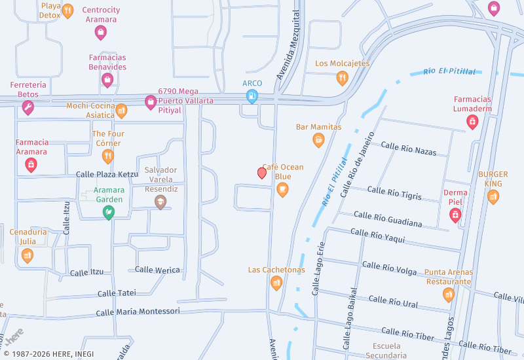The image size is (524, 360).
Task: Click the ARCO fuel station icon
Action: coord(252,97)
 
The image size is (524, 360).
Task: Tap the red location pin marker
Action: coord(262,173)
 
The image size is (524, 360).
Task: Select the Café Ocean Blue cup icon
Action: coord(282,190)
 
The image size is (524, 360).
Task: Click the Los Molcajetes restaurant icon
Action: coord(342,79)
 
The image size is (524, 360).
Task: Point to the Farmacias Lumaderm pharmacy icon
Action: coord(472,122)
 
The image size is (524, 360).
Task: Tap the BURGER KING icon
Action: coord(493,197)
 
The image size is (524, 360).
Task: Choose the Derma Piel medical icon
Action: coord(455,215)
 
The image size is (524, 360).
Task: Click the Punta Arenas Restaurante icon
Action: coord(448,295)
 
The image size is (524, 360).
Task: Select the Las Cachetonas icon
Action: coord(276,283)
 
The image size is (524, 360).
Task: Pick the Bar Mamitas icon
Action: coord(318,139)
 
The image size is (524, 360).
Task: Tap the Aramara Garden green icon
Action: coord(109,212)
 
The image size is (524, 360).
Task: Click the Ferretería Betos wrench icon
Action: coord(28,108)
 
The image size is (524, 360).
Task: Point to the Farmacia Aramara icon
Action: coord(31,165)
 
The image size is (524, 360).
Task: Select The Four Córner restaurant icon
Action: coord(108,156)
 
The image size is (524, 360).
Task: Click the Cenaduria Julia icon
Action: coord(27,255)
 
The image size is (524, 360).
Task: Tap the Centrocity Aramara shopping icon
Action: coord(101,32)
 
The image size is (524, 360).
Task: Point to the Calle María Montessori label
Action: coord(138,312)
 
